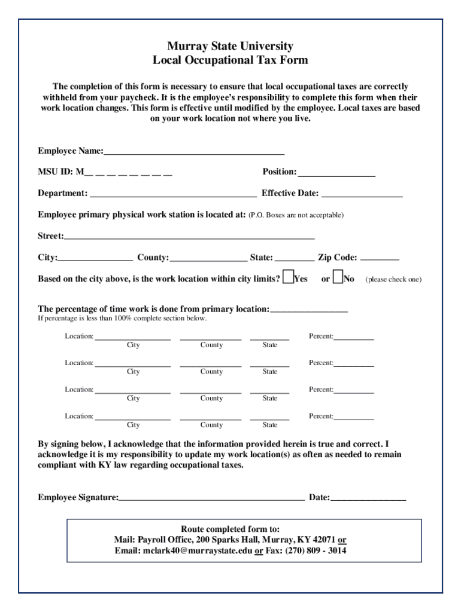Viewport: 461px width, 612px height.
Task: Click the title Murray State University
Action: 230,46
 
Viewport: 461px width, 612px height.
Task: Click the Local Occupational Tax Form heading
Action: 230,60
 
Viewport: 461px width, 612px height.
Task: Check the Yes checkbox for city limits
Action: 288,277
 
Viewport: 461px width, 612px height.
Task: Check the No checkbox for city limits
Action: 338,277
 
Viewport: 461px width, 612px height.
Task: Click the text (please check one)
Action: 393,279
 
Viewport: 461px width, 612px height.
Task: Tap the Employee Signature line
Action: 211,498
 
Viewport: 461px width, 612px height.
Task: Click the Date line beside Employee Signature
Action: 368,498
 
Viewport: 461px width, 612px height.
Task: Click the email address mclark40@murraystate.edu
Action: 198,550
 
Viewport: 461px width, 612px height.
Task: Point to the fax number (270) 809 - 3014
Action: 316,550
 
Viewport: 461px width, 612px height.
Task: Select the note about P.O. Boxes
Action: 296,215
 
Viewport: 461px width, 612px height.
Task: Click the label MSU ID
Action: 56,172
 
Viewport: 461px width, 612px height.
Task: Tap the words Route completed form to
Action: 230,529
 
